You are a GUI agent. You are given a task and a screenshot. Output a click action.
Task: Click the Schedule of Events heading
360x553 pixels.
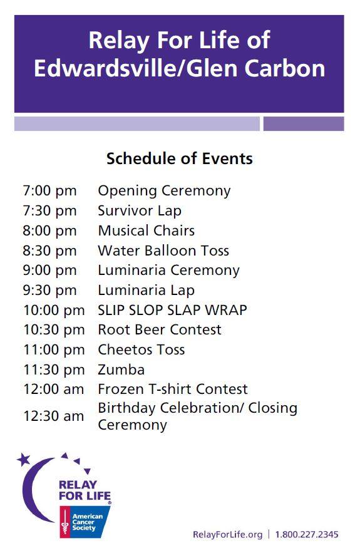pyautogui.click(x=179, y=158)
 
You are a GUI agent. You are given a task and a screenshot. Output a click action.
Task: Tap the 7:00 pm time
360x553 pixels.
pyautogui.click(x=49, y=191)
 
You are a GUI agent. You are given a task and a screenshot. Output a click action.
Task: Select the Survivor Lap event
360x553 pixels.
pyautogui.click(x=140, y=211)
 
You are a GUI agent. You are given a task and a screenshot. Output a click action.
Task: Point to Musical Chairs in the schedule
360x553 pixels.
pyautogui.click(x=146, y=230)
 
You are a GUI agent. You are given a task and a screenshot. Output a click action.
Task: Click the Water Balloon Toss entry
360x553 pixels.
pyautogui.click(x=163, y=251)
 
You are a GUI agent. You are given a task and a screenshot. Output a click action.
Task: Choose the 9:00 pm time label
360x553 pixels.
pyautogui.click(x=49, y=271)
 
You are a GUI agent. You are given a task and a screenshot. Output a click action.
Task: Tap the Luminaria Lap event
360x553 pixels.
pyautogui.click(x=146, y=290)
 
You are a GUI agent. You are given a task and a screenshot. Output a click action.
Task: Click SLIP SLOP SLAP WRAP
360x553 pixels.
pyautogui.click(x=172, y=310)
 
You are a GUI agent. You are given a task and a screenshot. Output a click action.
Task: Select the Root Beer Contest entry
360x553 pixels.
pyautogui.click(x=160, y=329)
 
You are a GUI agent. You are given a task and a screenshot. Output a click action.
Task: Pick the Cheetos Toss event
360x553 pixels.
pyautogui.click(x=141, y=349)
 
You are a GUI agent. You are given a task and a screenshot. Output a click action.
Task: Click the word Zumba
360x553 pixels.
pyautogui.click(x=121, y=370)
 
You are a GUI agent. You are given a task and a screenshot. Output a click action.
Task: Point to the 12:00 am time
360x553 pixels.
pyautogui.click(x=53, y=390)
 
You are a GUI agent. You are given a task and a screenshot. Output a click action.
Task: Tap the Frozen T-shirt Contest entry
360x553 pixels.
pyautogui.click(x=173, y=390)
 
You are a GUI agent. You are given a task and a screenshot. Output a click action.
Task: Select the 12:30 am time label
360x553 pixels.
pyautogui.click(x=53, y=416)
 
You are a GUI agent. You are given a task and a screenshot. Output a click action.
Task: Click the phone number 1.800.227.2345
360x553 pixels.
pyautogui.click(x=307, y=534)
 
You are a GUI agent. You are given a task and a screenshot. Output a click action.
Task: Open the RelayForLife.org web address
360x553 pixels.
pyautogui.click(x=227, y=534)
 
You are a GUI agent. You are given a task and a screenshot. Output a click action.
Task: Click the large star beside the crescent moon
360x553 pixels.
pyautogui.click(x=24, y=460)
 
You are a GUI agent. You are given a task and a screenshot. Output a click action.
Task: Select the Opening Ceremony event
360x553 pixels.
pyautogui.click(x=164, y=191)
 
